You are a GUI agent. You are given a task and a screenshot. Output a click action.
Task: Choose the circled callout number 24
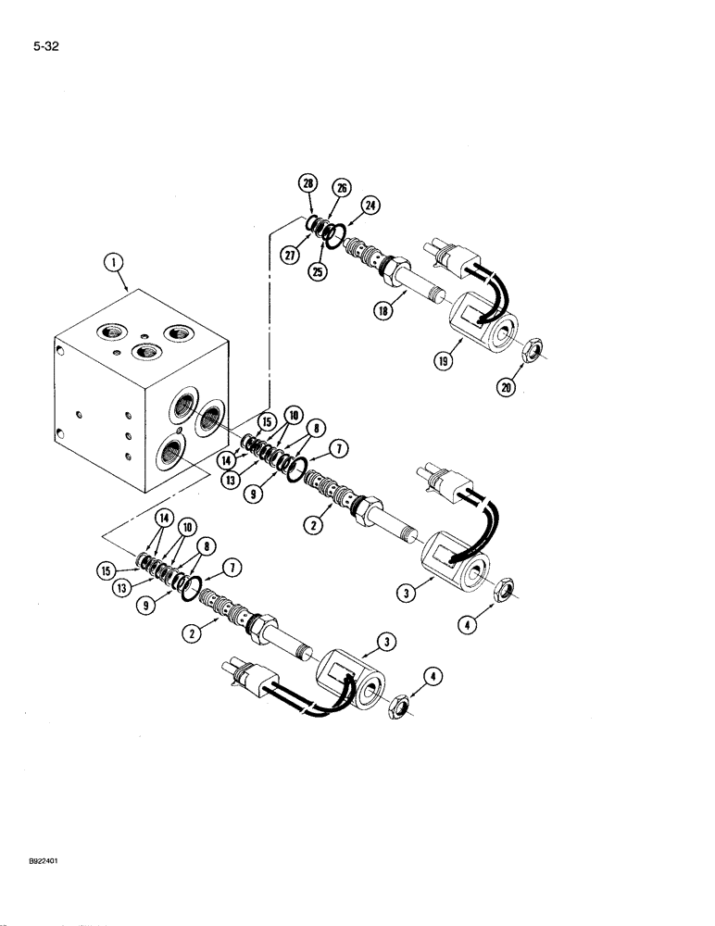click(370, 205)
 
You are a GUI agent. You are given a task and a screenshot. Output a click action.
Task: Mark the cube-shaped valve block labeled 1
click(139, 389)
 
